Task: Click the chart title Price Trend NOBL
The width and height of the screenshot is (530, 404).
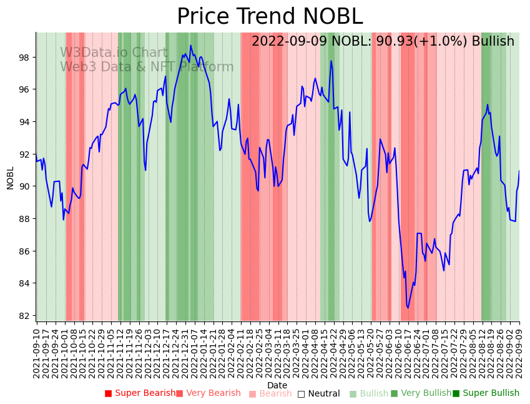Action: [269, 17]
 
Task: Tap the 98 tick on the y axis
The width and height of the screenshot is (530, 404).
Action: [24, 58]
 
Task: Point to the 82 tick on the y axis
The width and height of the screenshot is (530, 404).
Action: [24, 316]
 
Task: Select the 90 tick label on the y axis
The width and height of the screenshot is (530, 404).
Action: [24, 186]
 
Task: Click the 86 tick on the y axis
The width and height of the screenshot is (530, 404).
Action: [24, 251]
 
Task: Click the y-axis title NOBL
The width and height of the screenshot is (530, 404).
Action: [10, 178]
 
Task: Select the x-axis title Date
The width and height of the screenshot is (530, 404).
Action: [277, 385]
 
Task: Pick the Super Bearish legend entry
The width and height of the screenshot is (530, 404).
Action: [140, 393]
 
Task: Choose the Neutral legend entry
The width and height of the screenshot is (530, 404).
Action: [319, 393]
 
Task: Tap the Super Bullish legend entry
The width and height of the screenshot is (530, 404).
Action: [486, 393]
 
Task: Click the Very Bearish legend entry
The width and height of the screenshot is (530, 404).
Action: [209, 393]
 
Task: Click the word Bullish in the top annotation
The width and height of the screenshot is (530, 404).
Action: [493, 41]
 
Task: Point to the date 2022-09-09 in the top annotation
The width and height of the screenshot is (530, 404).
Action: [289, 41]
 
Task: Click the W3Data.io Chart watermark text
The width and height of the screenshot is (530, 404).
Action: [114, 53]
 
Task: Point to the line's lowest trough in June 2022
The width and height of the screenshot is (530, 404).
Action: [408, 307]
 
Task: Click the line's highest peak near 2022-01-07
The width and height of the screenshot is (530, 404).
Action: [191, 45]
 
